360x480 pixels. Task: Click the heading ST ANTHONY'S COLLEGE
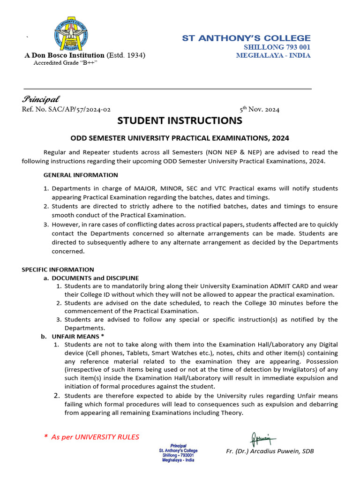point(246,38)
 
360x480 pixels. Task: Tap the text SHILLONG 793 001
point(277,47)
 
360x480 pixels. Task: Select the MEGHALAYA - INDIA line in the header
point(273,55)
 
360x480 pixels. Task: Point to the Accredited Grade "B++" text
point(65,63)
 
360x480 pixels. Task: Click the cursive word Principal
point(40,99)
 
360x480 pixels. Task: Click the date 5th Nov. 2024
point(259,110)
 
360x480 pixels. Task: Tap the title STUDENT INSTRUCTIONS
point(180,121)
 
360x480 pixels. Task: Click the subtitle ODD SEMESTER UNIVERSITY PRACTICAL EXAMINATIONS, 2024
point(180,138)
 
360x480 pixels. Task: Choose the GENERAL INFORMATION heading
point(81,175)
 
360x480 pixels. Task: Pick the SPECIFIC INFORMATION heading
point(58,270)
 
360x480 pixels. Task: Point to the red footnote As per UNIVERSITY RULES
point(95,437)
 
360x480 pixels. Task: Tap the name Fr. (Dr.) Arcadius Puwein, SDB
point(270,451)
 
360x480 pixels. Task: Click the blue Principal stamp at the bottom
point(178,453)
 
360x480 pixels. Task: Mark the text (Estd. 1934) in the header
point(126,55)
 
